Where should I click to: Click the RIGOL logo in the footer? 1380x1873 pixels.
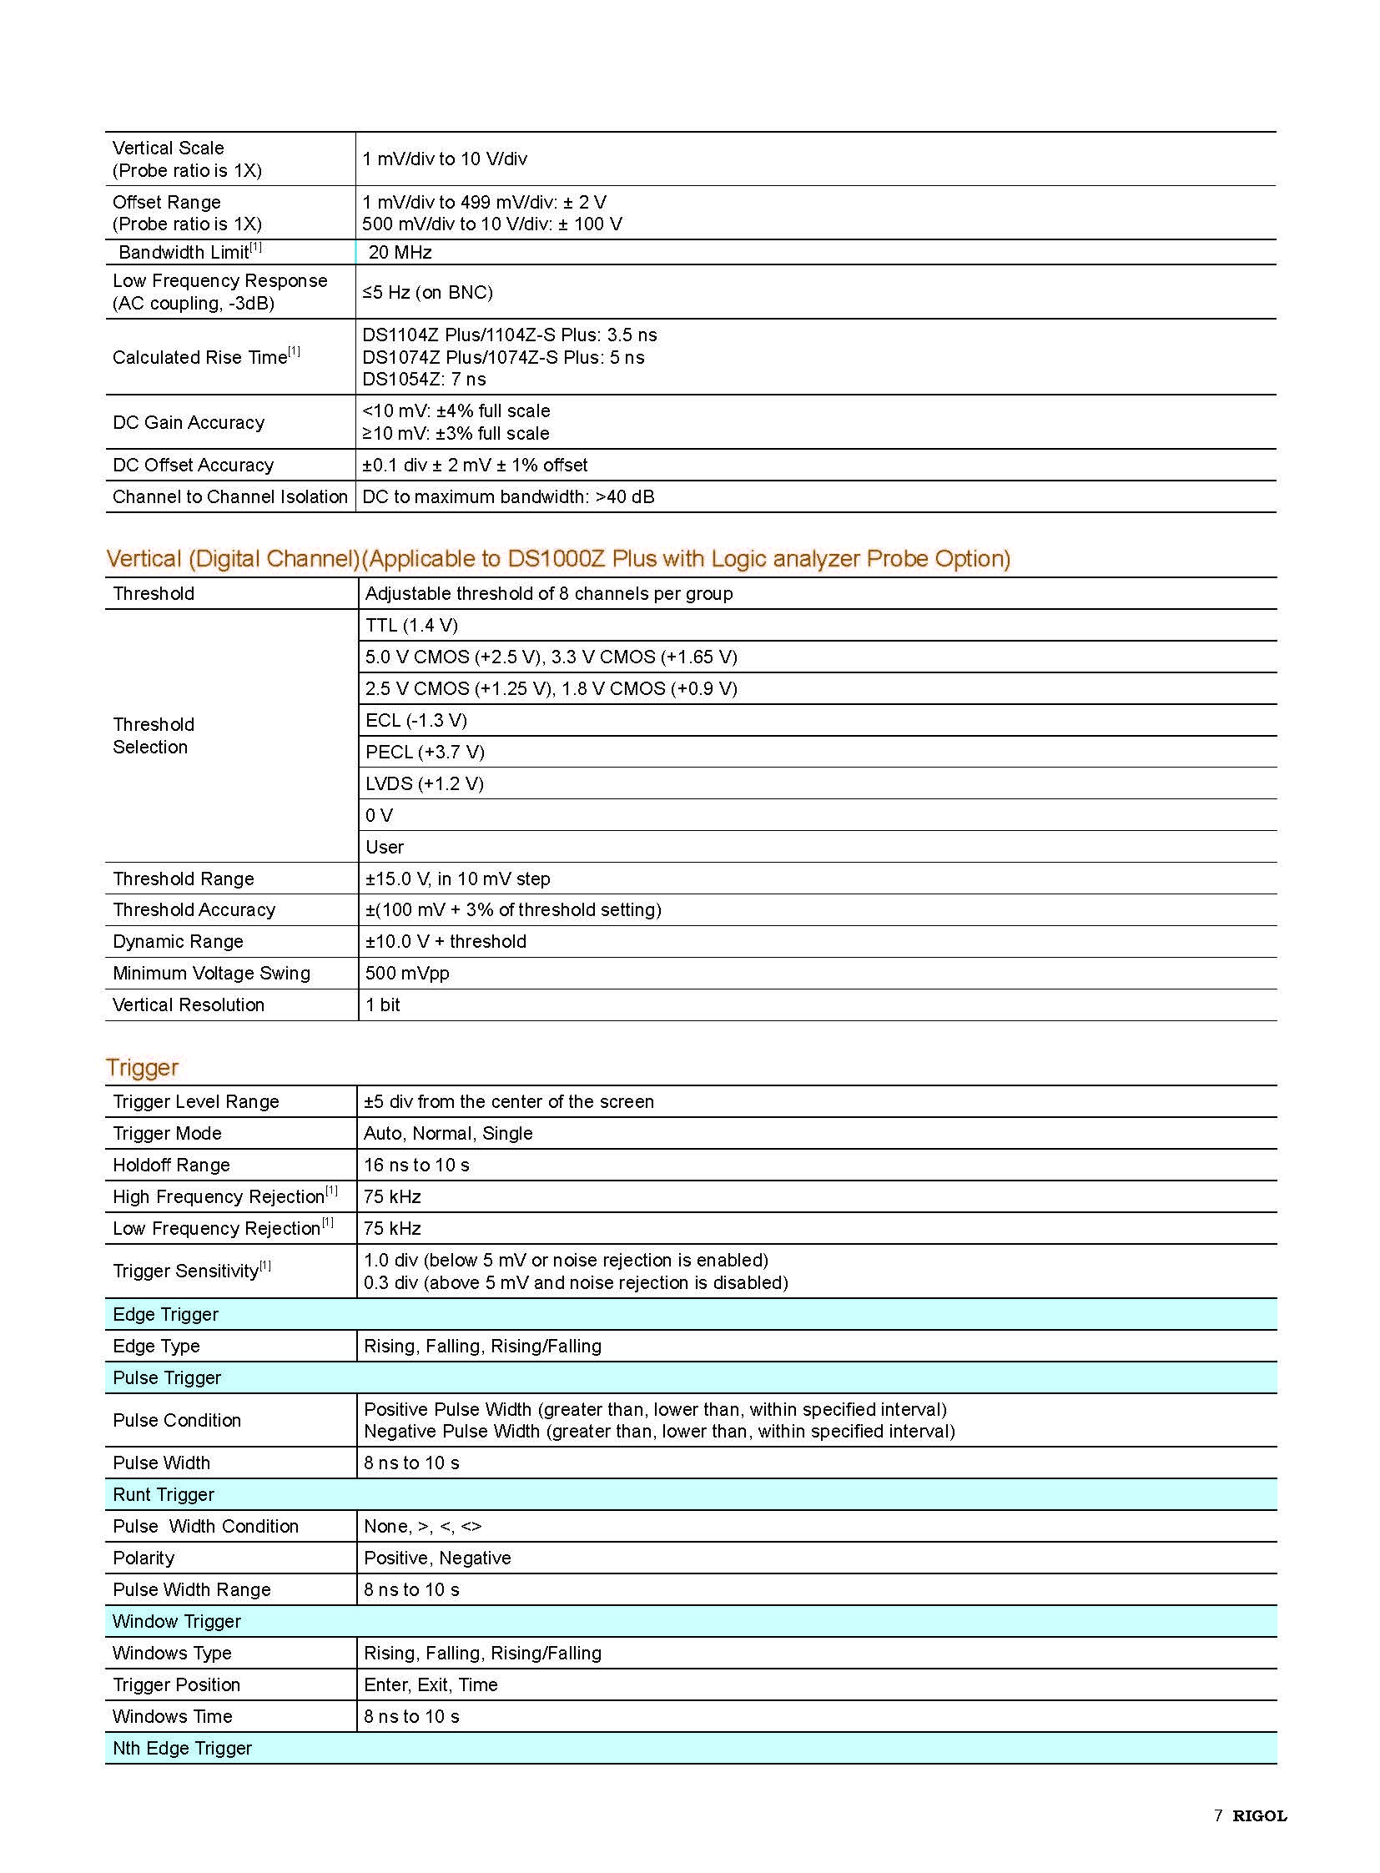tap(1259, 1815)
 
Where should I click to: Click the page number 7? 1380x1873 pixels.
tap(1218, 1815)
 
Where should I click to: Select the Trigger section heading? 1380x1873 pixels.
tap(142, 1068)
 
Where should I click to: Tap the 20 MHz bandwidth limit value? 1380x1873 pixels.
tap(400, 252)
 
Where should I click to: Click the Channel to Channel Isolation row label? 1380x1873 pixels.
tap(229, 497)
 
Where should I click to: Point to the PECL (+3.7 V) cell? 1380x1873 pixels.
tap(425, 752)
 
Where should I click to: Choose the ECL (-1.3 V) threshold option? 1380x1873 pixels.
tap(416, 720)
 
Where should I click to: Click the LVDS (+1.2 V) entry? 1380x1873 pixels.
tap(425, 783)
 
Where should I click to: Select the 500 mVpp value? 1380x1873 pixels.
tap(407, 974)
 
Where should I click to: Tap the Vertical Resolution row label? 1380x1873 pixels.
tap(189, 1005)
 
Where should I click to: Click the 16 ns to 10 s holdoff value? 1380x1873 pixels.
tap(416, 1166)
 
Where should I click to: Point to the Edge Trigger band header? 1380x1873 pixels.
tap(165, 1314)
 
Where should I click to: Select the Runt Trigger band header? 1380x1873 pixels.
tap(164, 1494)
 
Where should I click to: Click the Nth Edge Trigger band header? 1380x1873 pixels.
tap(182, 1748)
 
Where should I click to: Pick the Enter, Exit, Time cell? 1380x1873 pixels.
tap(431, 1685)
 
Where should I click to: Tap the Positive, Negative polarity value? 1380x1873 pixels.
tap(437, 1558)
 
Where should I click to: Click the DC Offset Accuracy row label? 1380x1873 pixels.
tap(193, 466)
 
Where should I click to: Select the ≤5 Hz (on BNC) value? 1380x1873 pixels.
tap(427, 292)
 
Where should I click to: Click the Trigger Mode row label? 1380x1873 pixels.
tap(167, 1134)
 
